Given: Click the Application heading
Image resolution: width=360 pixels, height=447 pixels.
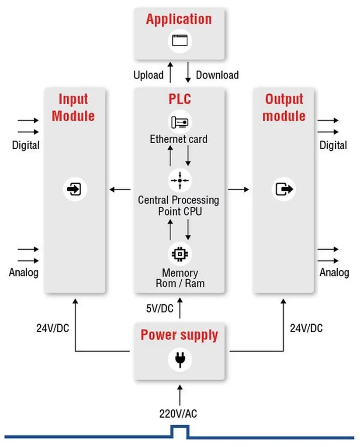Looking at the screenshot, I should (x=179, y=20).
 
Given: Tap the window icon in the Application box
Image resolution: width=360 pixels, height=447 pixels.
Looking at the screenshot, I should (x=179, y=41).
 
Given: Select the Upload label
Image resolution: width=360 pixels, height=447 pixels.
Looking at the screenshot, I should (x=149, y=75).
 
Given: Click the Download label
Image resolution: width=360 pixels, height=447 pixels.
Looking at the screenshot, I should (x=217, y=75).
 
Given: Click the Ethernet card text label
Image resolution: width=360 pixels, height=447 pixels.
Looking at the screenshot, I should (x=179, y=140).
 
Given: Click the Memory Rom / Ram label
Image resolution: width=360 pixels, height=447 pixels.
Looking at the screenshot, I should (x=180, y=278).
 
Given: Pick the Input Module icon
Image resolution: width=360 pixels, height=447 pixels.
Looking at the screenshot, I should (x=74, y=189).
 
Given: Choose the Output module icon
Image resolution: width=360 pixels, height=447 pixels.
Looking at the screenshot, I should (x=284, y=189).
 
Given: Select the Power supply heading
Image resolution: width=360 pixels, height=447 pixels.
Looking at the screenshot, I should (x=179, y=335).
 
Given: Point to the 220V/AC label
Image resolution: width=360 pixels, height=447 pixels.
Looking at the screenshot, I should (x=179, y=413).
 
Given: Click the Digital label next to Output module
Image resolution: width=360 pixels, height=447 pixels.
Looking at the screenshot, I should (x=333, y=145).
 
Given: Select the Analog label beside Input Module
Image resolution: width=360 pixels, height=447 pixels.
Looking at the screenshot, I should (x=24, y=273).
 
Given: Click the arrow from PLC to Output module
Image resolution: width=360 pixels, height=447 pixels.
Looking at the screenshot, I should (x=238, y=189).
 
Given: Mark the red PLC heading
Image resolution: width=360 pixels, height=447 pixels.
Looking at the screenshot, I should (x=179, y=99).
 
